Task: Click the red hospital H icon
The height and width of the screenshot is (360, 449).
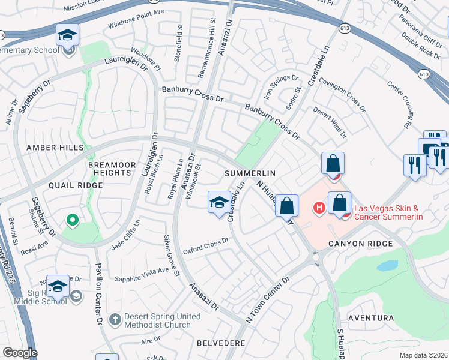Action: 319,208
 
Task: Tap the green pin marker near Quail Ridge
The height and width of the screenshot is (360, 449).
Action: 73,221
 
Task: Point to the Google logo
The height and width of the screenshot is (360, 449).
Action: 20,353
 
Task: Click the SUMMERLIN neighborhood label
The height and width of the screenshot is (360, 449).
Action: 250,173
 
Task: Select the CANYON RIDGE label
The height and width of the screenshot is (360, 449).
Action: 360,244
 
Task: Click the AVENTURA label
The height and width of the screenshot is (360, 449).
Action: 373,318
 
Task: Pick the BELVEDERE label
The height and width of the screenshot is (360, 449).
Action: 221,343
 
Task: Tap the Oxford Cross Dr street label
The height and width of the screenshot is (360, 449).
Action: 206,245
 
